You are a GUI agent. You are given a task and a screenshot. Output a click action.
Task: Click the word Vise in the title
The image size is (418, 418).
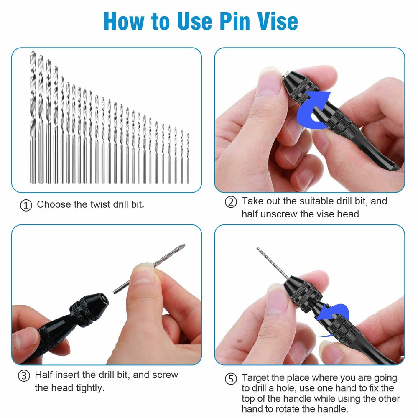click(273, 20)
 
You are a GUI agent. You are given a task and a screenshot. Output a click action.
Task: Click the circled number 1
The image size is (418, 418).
click(26, 206)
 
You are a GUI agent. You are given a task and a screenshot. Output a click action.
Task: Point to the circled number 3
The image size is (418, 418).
click(24, 376)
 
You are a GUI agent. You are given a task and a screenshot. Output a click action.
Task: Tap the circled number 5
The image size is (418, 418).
click(231, 379)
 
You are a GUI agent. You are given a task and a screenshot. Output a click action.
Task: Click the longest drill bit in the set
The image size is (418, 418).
click(33, 117)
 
